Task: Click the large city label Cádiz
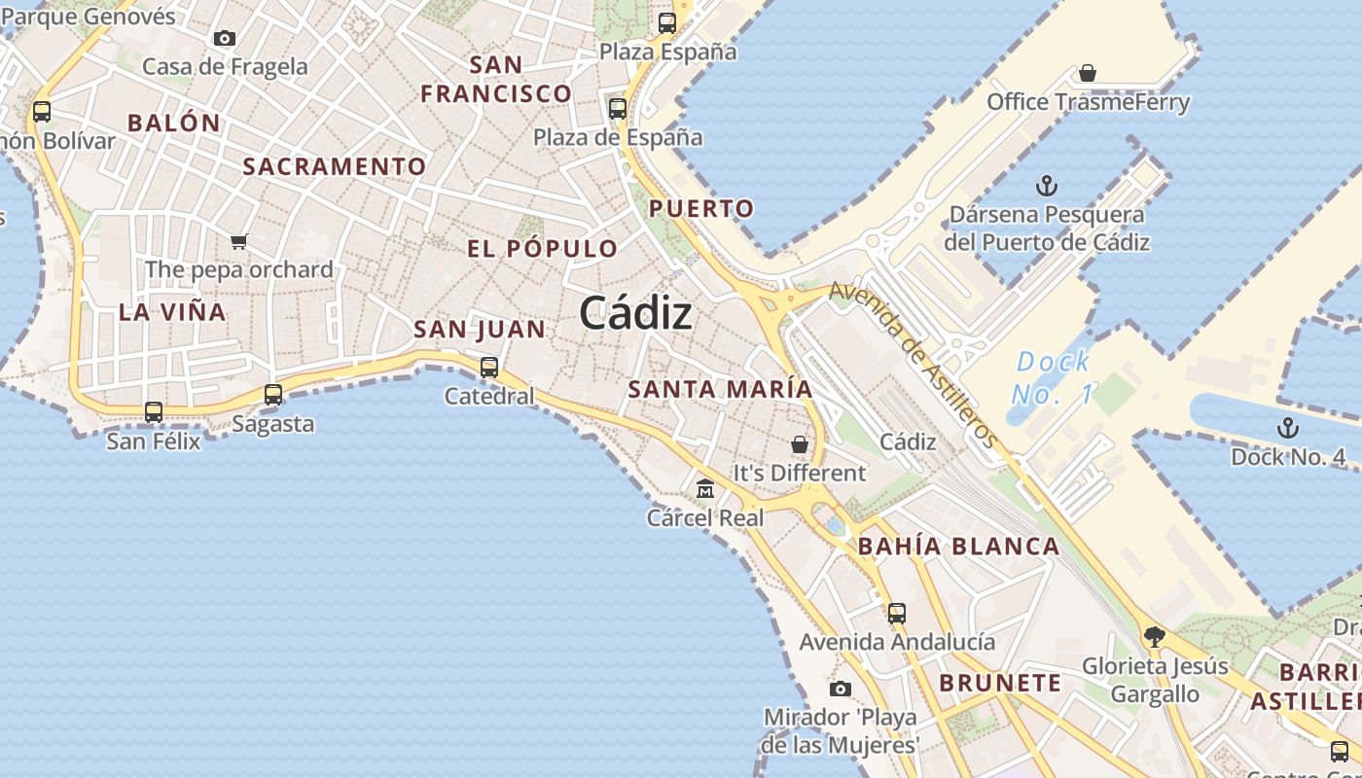[636, 313]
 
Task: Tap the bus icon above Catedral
[489, 368]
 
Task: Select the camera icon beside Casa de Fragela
[225, 38]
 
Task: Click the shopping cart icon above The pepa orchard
[239, 241]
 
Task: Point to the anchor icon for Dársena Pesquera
[1047, 185]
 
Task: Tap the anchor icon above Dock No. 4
[1288, 428]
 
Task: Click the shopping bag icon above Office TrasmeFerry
[1088, 73]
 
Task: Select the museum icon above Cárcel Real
[705, 488]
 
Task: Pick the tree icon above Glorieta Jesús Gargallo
[1155, 637]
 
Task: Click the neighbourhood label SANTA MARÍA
[720, 390]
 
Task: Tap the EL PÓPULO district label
[542, 249]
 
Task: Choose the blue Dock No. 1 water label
[1053, 377]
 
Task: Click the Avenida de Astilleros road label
[914, 365]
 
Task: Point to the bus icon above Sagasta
[273, 395]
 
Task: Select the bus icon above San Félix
[154, 412]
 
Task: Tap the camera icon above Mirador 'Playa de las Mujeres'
[841, 689]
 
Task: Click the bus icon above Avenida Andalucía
[897, 613]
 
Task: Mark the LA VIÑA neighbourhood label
[172, 312]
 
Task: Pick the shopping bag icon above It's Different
[800, 443]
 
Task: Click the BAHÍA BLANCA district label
[958, 547]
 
